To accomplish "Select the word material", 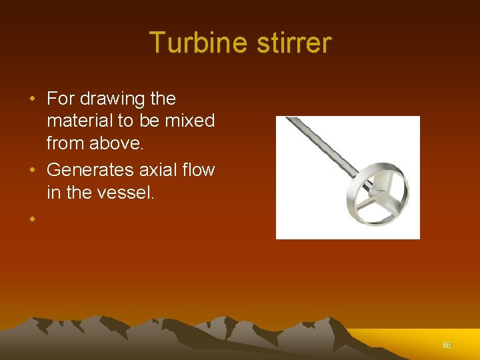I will (80, 121).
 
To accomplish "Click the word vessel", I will (127, 193).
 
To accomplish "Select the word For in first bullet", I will (61, 99).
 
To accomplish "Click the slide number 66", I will (447, 345).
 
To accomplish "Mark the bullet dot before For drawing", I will (33, 99).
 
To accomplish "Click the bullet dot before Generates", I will (33, 171).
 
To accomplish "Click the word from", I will (65, 143).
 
